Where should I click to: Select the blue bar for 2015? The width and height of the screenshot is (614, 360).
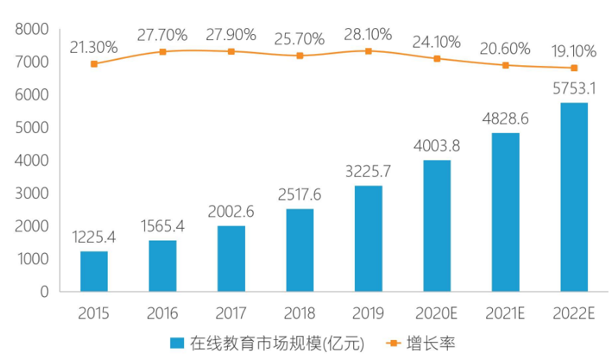[94, 271]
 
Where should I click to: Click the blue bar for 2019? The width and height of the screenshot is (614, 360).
[368, 238]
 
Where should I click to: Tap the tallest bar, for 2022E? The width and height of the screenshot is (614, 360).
[574, 197]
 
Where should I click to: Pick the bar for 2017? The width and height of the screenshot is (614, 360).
[231, 258]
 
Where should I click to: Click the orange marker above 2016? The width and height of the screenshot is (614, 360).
[163, 52]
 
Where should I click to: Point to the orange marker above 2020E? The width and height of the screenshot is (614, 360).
[437, 58]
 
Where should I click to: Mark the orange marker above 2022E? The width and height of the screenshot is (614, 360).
[574, 68]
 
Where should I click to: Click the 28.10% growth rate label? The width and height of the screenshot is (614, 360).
[369, 35]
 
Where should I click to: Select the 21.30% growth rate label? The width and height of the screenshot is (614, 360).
[94, 47]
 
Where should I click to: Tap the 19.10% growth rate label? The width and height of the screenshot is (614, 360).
[574, 51]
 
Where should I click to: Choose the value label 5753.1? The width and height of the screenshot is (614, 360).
[574, 88]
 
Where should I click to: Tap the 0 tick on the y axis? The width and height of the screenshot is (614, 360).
[45, 292]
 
